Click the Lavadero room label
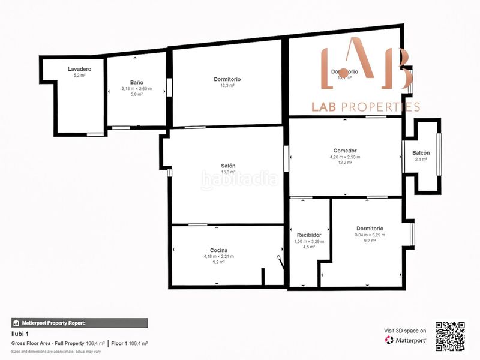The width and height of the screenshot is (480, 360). pyautogui.click(x=80, y=70)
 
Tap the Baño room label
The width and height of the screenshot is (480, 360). pyautogui.click(x=136, y=82)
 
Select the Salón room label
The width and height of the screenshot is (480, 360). pyautogui.click(x=227, y=166)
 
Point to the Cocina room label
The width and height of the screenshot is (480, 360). pyautogui.click(x=218, y=250)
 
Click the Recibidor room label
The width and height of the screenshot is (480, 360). pyautogui.click(x=309, y=235)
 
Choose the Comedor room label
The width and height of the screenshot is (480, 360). pyautogui.click(x=345, y=151)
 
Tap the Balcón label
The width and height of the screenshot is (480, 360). pyautogui.click(x=421, y=152)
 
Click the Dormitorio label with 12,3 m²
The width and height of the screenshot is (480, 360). pyautogui.click(x=227, y=79)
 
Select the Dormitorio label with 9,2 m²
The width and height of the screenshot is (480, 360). pyautogui.click(x=370, y=229)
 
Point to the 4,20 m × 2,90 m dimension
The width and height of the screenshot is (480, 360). pyautogui.click(x=345, y=157)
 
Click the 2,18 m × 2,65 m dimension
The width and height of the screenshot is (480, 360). pyautogui.click(x=136, y=89)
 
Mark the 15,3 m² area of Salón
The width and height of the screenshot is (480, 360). pyautogui.click(x=227, y=172)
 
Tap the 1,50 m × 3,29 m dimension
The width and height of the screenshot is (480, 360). pyautogui.click(x=309, y=241)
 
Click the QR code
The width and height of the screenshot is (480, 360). pyautogui.click(x=450, y=337)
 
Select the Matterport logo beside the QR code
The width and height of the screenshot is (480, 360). pyautogui.click(x=406, y=340)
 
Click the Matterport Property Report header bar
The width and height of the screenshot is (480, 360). pyautogui.click(x=79, y=323)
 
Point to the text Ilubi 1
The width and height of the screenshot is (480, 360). pyautogui.click(x=20, y=334)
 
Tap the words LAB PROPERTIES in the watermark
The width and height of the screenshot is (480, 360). pyautogui.click(x=365, y=107)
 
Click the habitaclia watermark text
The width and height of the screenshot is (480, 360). pyautogui.click(x=239, y=178)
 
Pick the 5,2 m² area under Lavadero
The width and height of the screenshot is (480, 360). pyautogui.click(x=80, y=76)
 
